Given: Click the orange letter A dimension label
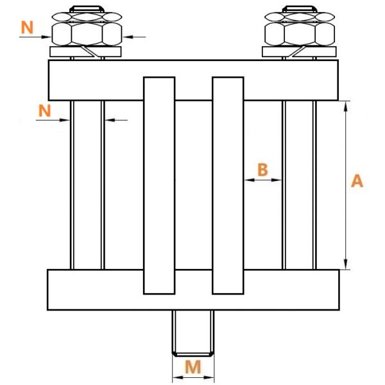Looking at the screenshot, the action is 357,181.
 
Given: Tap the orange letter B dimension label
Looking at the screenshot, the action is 262,169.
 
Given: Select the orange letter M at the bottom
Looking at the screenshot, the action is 193,367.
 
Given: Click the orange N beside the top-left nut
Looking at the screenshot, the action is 27,27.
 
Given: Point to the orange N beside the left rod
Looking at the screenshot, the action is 45,110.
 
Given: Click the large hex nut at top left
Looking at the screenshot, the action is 87,34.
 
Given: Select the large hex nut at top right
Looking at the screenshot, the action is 300,34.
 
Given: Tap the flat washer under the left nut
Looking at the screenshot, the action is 85,52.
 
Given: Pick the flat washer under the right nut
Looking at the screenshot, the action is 299,52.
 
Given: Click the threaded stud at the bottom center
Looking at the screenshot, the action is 193,333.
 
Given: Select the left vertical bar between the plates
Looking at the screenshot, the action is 159,185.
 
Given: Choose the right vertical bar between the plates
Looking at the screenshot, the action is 228,185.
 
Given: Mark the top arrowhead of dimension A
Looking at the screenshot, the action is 346,106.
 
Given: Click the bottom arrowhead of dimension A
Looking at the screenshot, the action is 346,264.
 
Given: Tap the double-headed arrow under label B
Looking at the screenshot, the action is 263,180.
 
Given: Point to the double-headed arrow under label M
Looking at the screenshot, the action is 193,377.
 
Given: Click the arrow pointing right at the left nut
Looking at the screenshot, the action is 35,37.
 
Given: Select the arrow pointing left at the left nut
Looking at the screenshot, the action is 134,37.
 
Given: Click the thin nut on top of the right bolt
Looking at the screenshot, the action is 300,17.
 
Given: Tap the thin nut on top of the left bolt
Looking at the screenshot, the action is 87,17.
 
